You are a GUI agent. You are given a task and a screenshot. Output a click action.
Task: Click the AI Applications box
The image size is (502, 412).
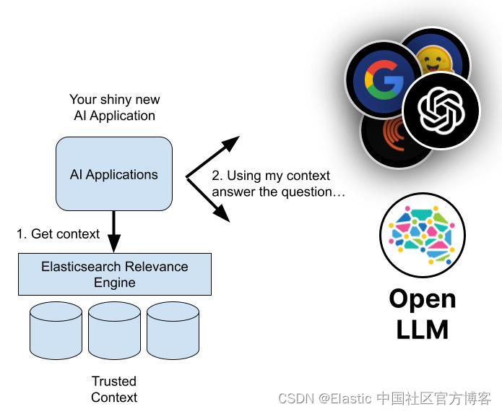point(114,174)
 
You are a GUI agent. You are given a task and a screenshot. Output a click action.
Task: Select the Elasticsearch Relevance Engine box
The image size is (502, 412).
point(114,274)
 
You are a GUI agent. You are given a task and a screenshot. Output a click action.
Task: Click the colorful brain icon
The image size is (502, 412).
point(422,235)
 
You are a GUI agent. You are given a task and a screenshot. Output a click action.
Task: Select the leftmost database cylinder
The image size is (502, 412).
point(56,330)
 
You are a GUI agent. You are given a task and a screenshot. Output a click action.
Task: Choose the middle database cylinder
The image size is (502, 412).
point(114,330)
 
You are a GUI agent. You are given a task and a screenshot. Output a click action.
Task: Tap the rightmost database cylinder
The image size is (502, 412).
point(173,330)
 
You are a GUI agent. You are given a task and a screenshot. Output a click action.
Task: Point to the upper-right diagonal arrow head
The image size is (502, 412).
point(230,142)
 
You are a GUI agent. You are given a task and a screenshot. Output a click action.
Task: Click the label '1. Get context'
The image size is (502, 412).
point(59,233)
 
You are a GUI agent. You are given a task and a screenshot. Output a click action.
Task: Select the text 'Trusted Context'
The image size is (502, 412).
point(114,389)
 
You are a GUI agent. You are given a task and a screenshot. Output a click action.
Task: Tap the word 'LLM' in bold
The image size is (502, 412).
point(422,329)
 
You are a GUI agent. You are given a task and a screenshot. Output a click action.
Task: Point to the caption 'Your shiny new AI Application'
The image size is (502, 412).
point(114,107)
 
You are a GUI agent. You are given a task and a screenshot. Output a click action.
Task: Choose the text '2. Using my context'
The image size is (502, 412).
point(270,176)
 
